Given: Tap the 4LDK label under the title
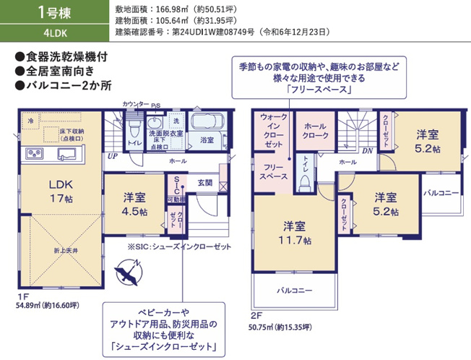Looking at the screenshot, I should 55,33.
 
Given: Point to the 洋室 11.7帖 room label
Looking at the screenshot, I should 296,231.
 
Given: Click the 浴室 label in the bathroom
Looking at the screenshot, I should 207,140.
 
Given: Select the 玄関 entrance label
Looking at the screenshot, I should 206,184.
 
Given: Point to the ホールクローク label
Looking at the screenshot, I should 316,130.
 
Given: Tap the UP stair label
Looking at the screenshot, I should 112,155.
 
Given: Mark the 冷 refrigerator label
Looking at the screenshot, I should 30,121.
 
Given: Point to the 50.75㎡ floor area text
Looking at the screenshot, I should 281,327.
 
